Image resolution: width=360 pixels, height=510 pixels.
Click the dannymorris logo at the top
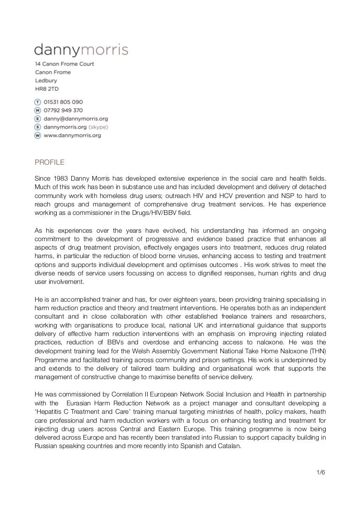(81, 50)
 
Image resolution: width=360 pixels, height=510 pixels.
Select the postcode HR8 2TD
(47, 89)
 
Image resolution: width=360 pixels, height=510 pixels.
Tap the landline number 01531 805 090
(63, 102)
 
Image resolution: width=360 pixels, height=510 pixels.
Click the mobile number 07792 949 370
(63, 110)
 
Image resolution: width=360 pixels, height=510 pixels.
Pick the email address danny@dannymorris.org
(75, 119)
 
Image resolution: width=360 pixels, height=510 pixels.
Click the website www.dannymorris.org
(72, 136)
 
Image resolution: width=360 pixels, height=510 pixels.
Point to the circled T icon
(37, 102)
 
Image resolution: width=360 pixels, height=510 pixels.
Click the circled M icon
(37, 110)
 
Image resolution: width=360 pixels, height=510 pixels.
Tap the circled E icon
(37, 119)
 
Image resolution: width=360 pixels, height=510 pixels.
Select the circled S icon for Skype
(37, 127)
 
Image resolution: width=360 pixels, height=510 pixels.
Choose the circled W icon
(37, 136)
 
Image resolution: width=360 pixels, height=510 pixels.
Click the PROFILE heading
(50, 163)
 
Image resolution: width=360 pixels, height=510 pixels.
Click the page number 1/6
(321, 472)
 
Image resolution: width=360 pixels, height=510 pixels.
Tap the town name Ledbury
(45, 81)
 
